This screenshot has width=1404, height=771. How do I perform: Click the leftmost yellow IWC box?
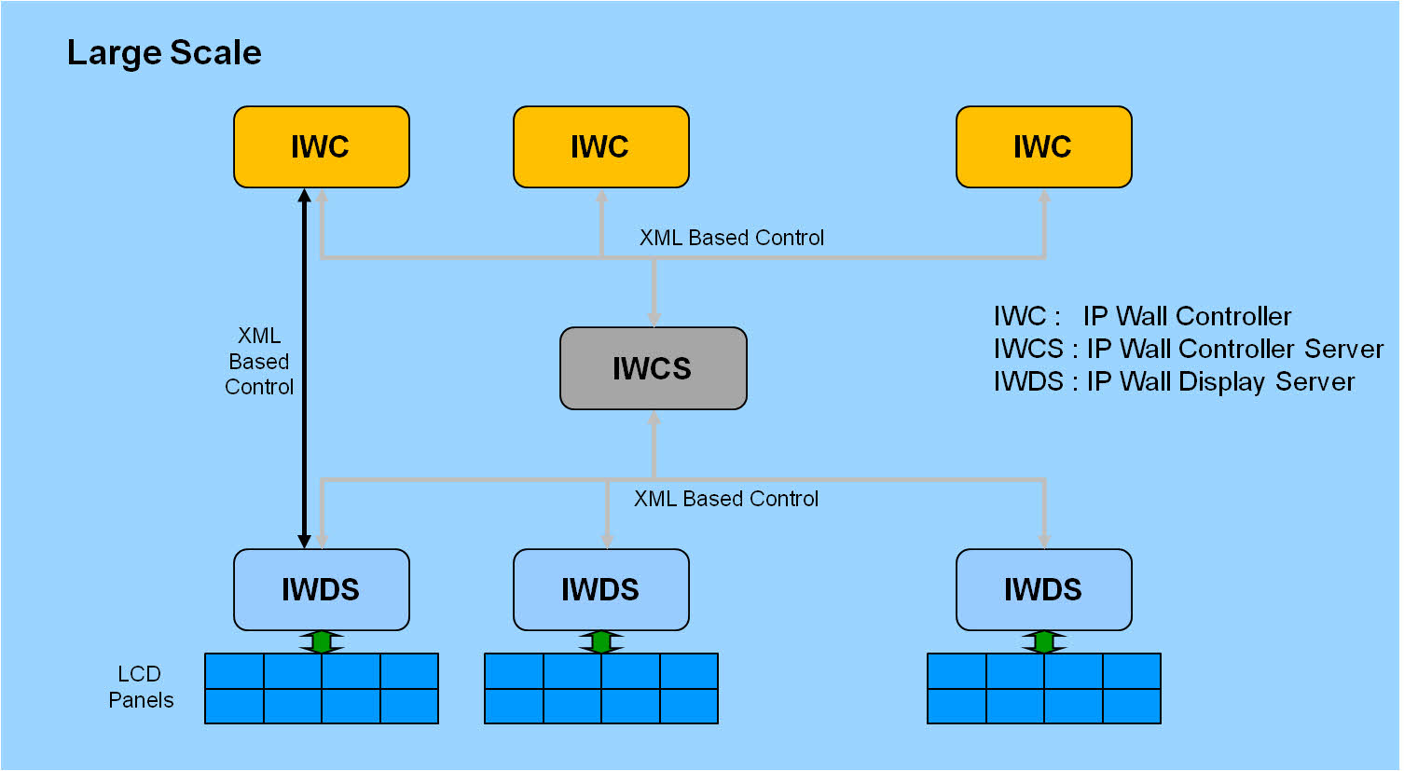click(x=322, y=146)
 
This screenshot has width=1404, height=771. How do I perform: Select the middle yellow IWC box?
click(x=601, y=146)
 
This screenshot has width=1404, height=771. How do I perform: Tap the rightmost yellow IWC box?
click(x=1044, y=146)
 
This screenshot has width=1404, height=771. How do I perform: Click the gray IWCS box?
click(x=654, y=368)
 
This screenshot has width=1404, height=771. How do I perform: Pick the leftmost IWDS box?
click(x=322, y=589)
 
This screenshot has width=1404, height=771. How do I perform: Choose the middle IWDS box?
click(x=601, y=589)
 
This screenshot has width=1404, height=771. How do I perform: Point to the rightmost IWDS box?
click(x=1044, y=589)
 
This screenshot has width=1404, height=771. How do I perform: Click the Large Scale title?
click(x=164, y=52)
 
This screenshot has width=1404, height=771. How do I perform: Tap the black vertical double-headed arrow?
click(x=305, y=368)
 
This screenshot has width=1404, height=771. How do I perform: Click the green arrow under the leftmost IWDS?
click(x=322, y=641)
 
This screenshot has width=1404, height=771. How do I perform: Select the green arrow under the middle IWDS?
click(x=601, y=641)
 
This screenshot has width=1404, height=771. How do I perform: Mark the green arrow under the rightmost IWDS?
click(x=1044, y=641)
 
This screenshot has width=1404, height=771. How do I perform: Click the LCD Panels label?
click(x=141, y=687)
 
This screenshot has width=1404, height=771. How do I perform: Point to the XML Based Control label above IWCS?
click(x=732, y=238)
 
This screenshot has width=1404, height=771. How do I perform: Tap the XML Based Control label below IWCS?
click(x=726, y=499)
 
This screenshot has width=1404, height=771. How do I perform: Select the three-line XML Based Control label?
click(x=259, y=361)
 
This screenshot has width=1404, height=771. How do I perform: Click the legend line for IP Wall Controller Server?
click(x=1189, y=349)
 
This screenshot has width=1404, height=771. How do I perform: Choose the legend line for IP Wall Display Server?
click(x=1174, y=381)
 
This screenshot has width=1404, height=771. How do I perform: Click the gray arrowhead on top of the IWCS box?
click(x=654, y=319)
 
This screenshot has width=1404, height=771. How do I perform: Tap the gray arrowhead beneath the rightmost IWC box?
click(x=1044, y=196)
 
